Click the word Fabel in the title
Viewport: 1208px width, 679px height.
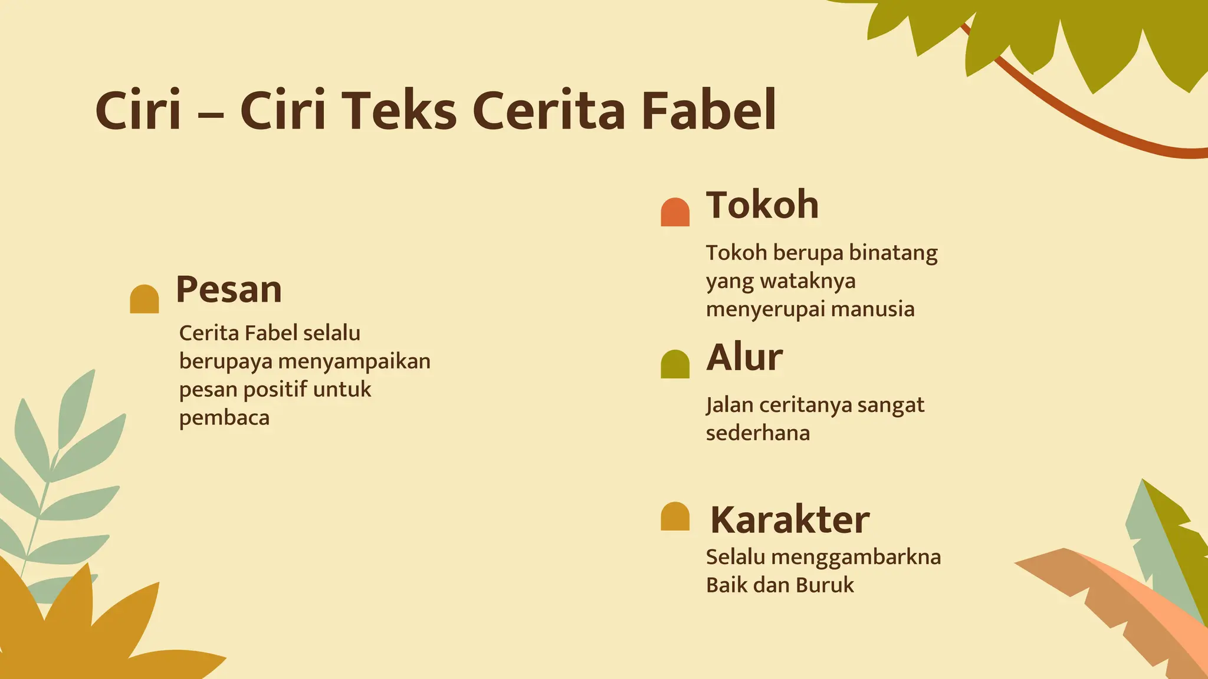click(x=708, y=110)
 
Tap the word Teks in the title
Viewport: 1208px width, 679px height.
click(x=399, y=110)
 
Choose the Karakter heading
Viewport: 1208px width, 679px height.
click(x=789, y=519)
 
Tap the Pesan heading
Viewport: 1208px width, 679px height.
click(x=229, y=289)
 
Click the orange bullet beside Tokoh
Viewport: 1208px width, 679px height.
click(x=675, y=212)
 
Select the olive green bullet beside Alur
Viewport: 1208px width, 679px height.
click(x=675, y=364)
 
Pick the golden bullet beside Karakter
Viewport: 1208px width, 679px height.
click(x=675, y=516)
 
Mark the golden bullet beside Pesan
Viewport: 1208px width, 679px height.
click(x=145, y=299)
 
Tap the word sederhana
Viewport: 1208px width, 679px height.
click(x=758, y=433)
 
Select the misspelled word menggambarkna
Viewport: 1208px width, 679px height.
click(x=856, y=557)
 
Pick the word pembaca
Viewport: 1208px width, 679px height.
click(x=224, y=418)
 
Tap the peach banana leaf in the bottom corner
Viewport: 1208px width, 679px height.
click(x=1156, y=613)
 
